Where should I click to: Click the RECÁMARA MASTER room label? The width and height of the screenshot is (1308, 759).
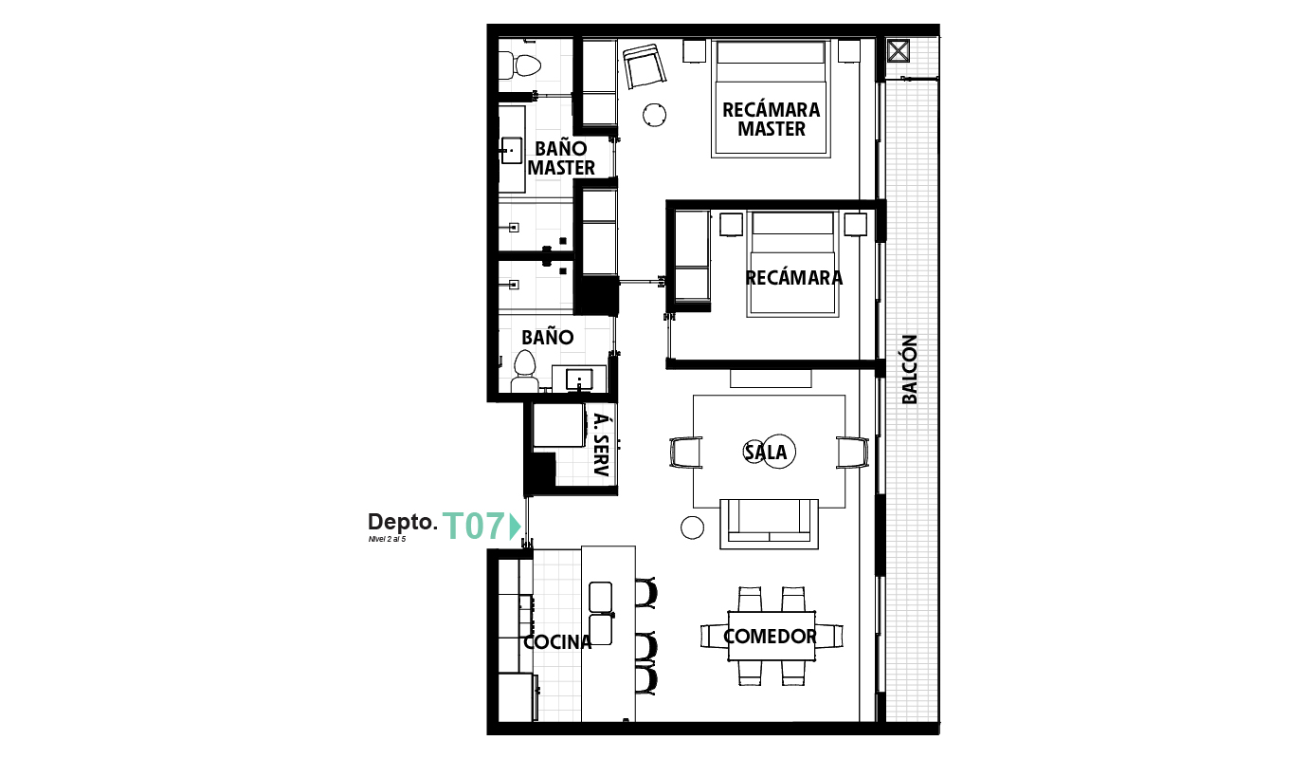pyautogui.click(x=771, y=120)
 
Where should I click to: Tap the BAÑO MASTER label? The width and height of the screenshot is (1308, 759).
pyautogui.click(x=561, y=158)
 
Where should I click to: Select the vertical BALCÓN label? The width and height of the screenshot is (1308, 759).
pyautogui.click(x=910, y=369)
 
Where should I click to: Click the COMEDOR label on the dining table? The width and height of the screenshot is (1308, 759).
pyautogui.click(x=770, y=637)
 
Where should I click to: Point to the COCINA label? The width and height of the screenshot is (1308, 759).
pyautogui.click(x=557, y=642)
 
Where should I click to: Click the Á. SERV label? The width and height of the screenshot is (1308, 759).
pyautogui.click(x=599, y=447)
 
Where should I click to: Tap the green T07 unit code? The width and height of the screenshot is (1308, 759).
pyautogui.click(x=474, y=526)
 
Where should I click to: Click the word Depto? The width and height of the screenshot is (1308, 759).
pyautogui.click(x=402, y=523)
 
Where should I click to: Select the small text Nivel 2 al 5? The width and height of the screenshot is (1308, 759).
pyautogui.click(x=387, y=539)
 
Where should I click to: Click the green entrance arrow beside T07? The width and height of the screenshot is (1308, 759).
pyautogui.click(x=515, y=526)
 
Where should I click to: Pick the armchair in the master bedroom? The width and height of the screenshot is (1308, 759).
pyautogui.click(x=645, y=66)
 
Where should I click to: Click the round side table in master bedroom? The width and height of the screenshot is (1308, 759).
pyautogui.click(x=654, y=115)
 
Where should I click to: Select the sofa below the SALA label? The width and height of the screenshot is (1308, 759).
pyautogui.click(x=769, y=523)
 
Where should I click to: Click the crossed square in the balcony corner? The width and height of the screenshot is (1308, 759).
pyautogui.click(x=898, y=50)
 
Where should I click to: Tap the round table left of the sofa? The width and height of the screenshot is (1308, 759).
pyautogui.click(x=693, y=528)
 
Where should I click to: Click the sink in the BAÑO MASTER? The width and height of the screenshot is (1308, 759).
pyautogui.click(x=512, y=150)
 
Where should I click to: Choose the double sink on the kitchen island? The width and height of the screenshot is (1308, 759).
pyautogui.click(x=601, y=613)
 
